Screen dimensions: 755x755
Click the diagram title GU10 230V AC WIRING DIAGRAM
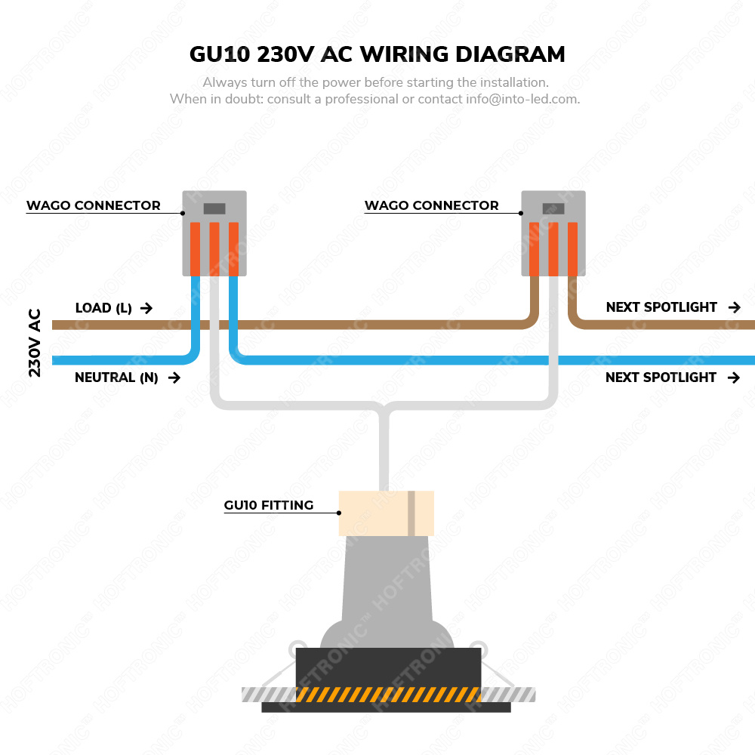pyautogui.click(x=376, y=54)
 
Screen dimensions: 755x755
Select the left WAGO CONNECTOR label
pyautogui.click(x=94, y=205)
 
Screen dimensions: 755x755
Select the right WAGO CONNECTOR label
pyautogui.click(x=431, y=205)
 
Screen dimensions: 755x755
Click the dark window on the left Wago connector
pyautogui.click(x=214, y=208)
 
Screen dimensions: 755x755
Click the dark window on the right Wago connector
pyautogui.click(x=553, y=208)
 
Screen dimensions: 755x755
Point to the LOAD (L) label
pyautogui.click(x=103, y=308)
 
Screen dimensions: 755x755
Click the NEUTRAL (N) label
pyautogui.click(x=116, y=377)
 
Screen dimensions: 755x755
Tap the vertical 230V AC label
pyautogui.click(x=35, y=343)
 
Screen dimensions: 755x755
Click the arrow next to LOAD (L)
pyautogui.click(x=146, y=308)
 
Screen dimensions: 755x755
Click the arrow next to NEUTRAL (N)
pyautogui.click(x=174, y=377)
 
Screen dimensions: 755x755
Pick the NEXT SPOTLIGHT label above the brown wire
pyautogui.click(x=661, y=307)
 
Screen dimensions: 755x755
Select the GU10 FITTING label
pyautogui.click(x=269, y=505)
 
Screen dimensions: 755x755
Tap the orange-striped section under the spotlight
pyautogui.click(x=389, y=695)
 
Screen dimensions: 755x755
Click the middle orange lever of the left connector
pyautogui.click(x=214, y=248)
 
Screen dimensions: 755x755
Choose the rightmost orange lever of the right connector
pyautogui.click(x=572, y=248)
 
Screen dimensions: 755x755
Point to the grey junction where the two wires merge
pyautogui.click(x=385, y=411)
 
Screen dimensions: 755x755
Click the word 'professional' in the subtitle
pyautogui.click(x=359, y=99)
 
